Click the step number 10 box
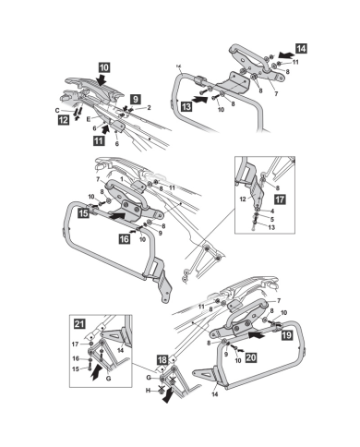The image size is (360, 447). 104,67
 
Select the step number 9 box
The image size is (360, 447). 136,99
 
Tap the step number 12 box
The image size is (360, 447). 64,120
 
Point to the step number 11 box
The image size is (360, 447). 99,141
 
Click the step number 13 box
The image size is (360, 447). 186,106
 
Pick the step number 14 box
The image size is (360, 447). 302,49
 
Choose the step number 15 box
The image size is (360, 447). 84,212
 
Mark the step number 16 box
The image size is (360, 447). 125,238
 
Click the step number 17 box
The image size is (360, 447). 280,199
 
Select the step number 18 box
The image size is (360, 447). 162,359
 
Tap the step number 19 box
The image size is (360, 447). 287,334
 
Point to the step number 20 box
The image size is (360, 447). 251,357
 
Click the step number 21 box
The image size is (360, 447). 79,324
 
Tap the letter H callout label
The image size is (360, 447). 149,391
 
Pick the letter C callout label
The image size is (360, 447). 57,111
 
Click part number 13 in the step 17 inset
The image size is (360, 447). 271,227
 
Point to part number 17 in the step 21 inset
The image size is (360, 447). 76,344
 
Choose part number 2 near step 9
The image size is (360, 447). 149,107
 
